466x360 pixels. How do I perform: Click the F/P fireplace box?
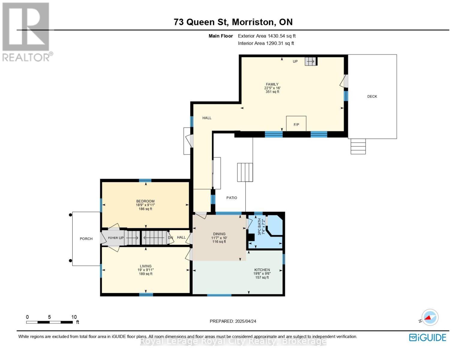click(x=296, y=124)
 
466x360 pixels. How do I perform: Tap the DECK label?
click(x=372, y=97)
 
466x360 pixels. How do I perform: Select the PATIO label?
click(x=232, y=198)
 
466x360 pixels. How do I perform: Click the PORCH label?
click(x=86, y=238)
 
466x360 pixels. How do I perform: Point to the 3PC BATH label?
click(x=260, y=226)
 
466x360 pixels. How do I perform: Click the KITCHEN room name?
click(x=262, y=270)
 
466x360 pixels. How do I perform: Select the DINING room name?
click(x=219, y=234)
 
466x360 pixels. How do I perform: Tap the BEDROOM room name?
click(x=145, y=201)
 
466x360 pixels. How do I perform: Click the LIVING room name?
click(x=146, y=266)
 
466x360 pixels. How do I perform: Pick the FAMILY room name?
click(x=272, y=84)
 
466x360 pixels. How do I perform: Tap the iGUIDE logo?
click(x=427, y=337)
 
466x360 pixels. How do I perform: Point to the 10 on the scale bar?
click(x=74, y=317)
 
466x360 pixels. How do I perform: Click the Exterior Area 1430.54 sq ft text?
click(x=266, y=36)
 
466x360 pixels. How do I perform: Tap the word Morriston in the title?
click(x=254, y=22)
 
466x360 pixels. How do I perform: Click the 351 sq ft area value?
click(x=272, y=92)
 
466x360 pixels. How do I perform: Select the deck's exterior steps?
click(x=358, y=146)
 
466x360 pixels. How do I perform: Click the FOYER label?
click(x=113, y=238)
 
